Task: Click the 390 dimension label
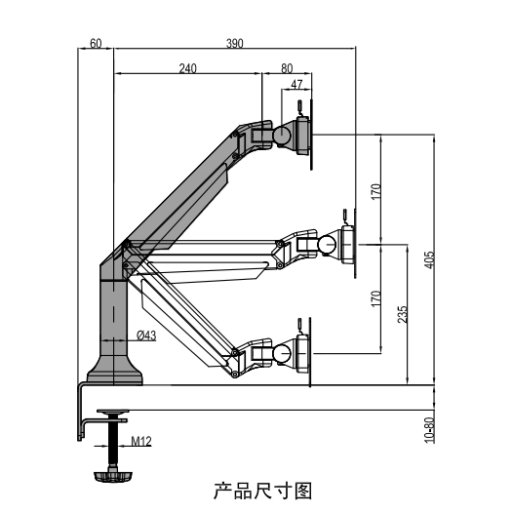coord(235,43)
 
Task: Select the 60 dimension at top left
coord(96,43)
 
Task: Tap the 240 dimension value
coord(188,68)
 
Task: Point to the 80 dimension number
coord(287,68)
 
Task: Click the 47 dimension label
coord(296,85)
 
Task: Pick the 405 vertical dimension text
coord(429,259)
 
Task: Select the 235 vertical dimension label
coord(403,314)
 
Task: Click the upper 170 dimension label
coord(375,192)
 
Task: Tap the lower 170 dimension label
coord(375,298)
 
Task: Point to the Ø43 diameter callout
coord(146,335)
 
